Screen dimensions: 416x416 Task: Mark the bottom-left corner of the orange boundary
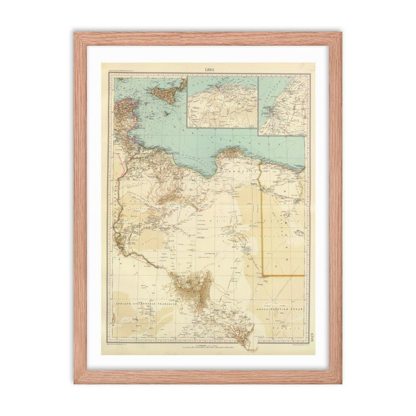[x=263, y=276]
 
